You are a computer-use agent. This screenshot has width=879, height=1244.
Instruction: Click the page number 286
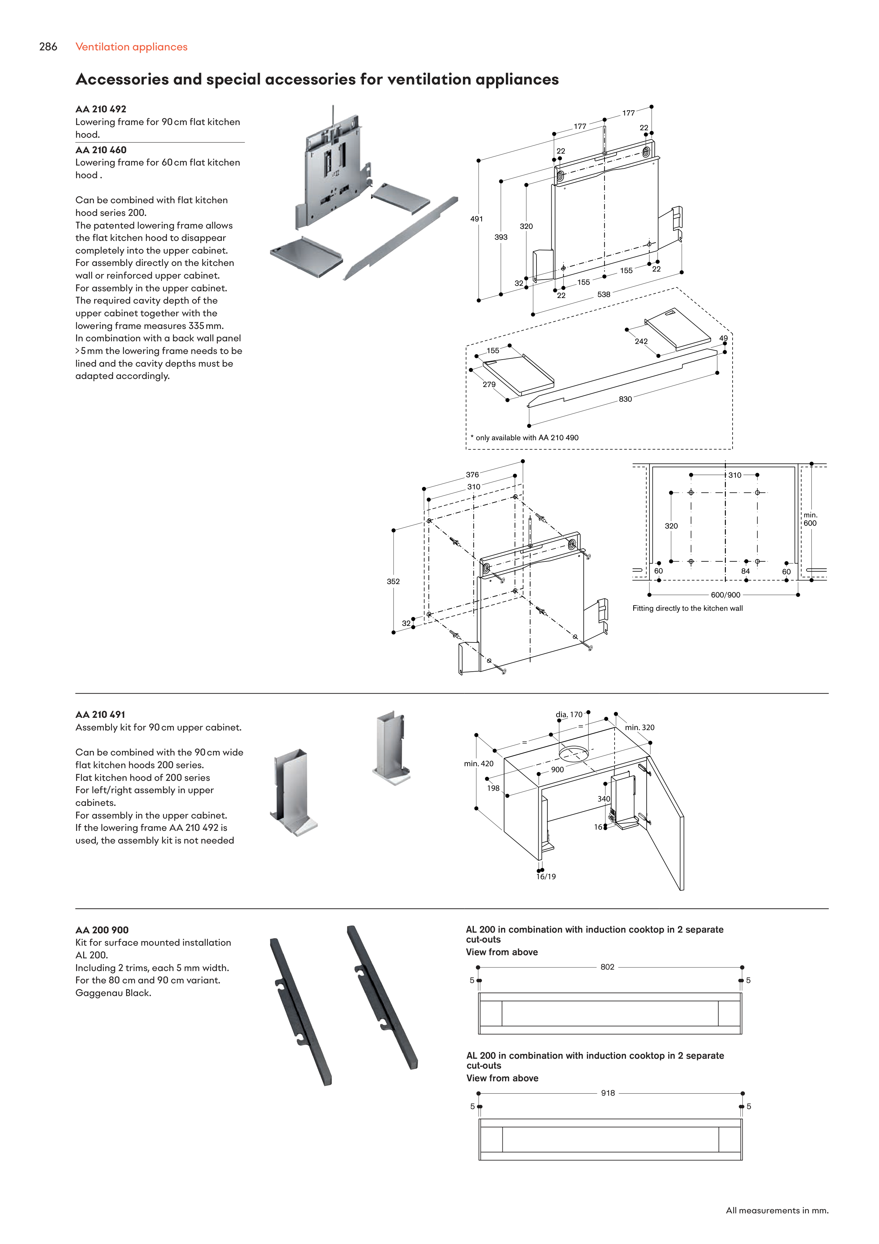(48, 47)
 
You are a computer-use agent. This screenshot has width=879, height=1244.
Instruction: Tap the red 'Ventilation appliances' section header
(132, 47)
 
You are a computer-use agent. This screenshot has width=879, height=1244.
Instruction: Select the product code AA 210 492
(101, 109)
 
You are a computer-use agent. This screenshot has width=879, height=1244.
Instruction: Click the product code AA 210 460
(101, 150)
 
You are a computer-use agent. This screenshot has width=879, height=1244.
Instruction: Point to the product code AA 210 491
(100, 715)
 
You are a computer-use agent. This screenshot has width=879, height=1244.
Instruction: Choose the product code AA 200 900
(102, 930)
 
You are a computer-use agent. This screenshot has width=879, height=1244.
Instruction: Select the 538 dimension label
(603, 295)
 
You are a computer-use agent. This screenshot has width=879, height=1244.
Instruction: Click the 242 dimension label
(641, 341)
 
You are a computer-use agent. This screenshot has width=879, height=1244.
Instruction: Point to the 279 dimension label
(489, 385)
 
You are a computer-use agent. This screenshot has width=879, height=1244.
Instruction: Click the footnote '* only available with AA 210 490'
(524, 438)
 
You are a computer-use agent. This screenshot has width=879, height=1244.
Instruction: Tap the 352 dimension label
(393, 581)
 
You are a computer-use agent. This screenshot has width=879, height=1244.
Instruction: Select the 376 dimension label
(472, 475)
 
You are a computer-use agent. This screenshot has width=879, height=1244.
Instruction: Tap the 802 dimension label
(607, 967)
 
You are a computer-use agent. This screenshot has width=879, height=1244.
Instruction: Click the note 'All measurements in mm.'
(777, 1211)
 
